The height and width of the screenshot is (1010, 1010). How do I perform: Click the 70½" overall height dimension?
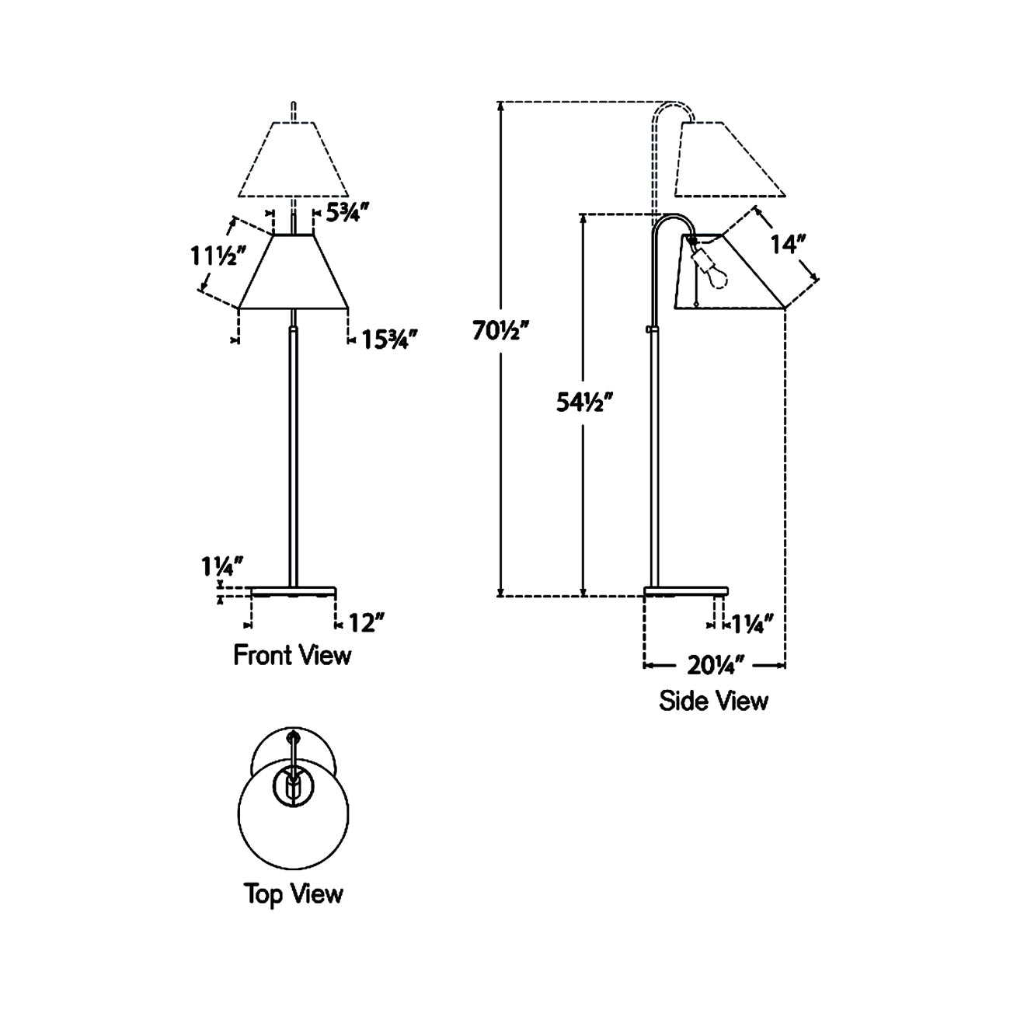coord(501,332)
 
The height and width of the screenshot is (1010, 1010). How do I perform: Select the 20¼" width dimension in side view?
coord(716,665)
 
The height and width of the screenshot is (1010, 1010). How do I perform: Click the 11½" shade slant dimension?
coord(218,256)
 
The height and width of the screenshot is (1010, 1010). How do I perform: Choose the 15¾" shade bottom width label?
coord(389,340)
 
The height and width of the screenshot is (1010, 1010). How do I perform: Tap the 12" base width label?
coord(366,623)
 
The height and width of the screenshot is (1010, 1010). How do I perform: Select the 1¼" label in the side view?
coord(752,623)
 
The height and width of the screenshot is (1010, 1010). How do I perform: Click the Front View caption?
coord(292,655)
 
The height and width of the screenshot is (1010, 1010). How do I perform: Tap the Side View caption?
coord(713,701)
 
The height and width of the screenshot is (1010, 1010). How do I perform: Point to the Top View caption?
coord(294,893)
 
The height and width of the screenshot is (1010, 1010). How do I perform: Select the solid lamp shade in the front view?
coord(294,272)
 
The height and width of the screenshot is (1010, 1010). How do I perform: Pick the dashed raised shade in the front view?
coord(294,159)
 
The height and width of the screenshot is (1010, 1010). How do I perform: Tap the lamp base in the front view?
coord(294,591)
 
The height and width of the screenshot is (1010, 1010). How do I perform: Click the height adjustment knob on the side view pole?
coord(649,330)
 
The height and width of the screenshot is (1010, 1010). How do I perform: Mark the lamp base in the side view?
coord(686,591)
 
